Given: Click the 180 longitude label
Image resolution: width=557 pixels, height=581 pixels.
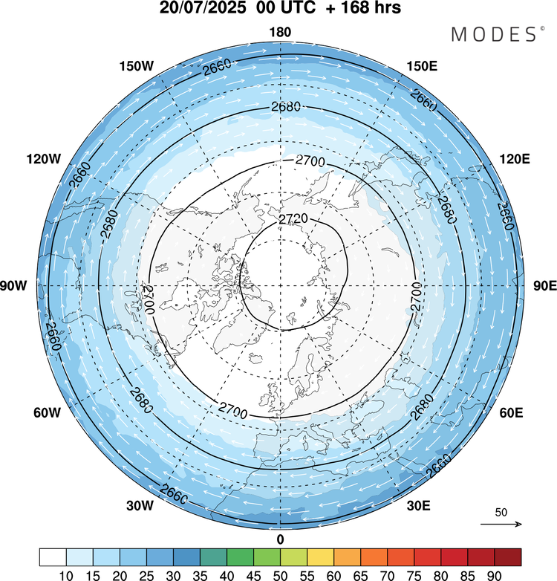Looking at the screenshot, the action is [280, 33].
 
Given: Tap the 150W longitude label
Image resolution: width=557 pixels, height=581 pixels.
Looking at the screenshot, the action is [137, 66].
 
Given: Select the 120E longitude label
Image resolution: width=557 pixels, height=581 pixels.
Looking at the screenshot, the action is [515, 159].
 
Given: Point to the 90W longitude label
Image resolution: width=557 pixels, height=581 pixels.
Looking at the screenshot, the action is [13, 286].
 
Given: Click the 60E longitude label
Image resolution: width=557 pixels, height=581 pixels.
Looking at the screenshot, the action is [512, 412].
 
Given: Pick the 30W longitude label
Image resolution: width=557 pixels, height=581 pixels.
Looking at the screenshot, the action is [140, 505].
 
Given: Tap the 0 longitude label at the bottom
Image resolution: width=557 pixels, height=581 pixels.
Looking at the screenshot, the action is [280, 539].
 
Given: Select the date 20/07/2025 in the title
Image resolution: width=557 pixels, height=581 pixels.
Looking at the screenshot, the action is [202, 7].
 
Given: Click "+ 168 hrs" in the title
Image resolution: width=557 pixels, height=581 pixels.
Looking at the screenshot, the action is [363, 7].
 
